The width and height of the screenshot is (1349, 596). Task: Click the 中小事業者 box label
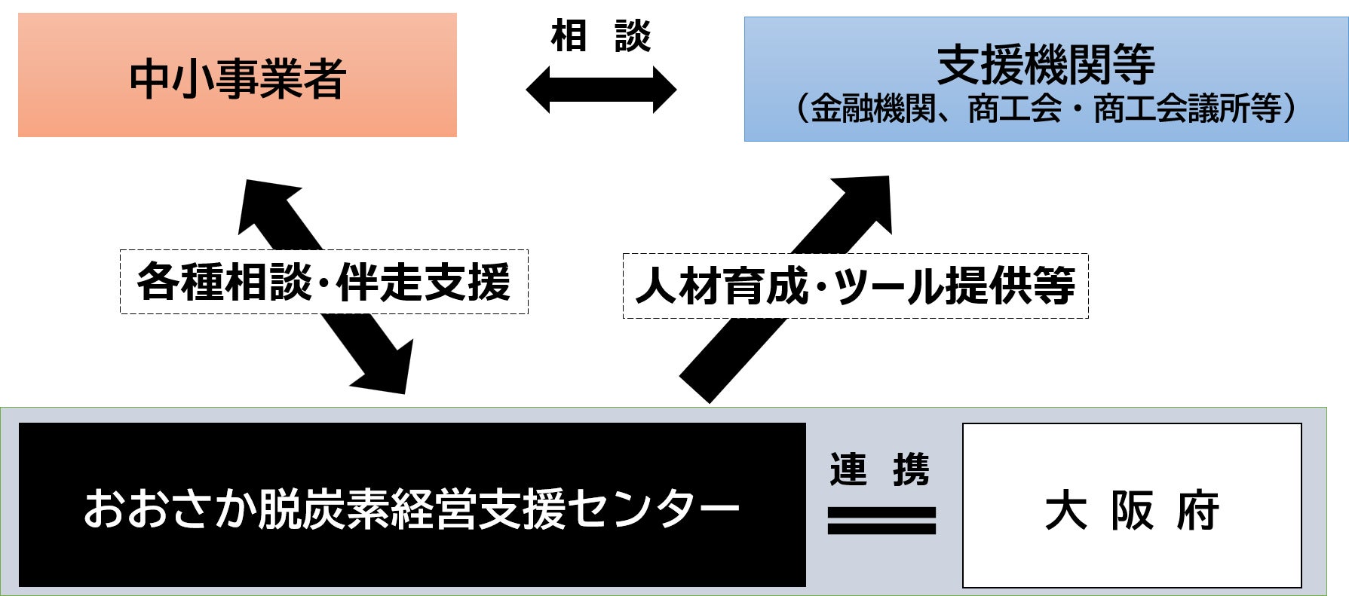coord(238,78)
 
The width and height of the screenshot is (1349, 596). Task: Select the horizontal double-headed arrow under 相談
coord(601,90)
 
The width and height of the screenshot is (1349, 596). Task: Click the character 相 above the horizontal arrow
coord(569,36)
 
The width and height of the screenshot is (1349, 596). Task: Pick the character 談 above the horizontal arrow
coord(633,36)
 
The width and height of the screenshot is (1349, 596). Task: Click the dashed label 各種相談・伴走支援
coord(323,282)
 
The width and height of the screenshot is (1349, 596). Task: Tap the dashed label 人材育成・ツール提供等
coord(855,286)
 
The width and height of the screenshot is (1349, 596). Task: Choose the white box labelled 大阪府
coord(1132,505)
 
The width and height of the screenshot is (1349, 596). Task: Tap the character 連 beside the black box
coord(848,469)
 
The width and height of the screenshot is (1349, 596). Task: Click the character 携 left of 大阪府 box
coord(911,469)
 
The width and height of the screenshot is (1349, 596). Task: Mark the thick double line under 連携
coord(881,520)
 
